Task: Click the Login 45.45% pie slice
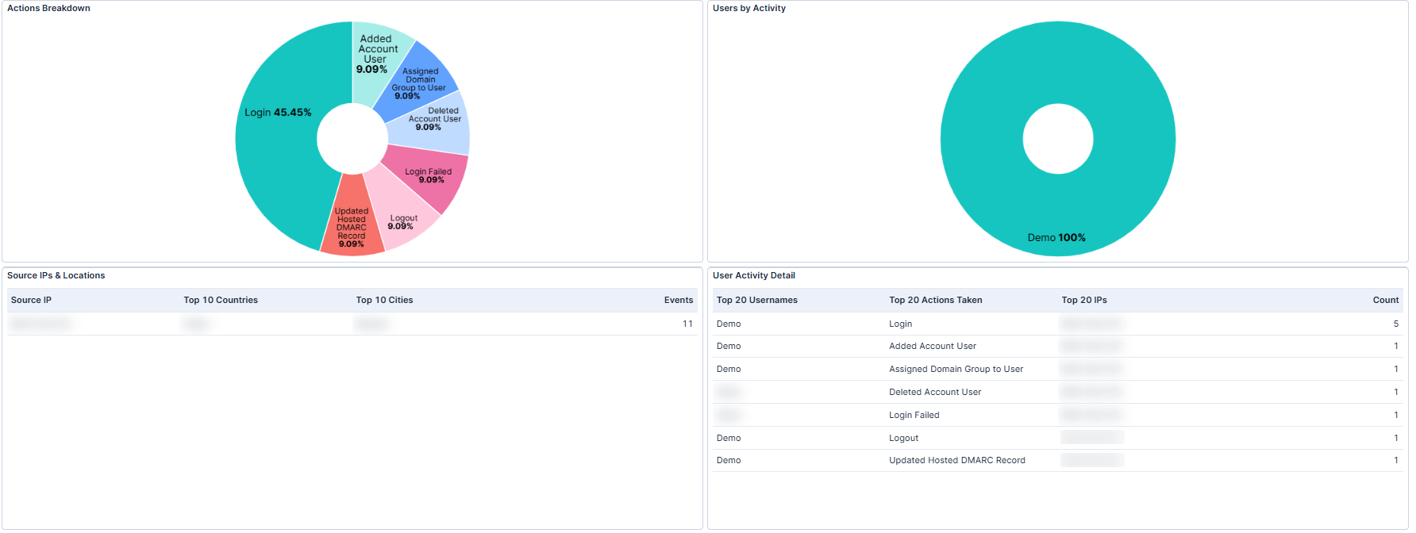[278, 143]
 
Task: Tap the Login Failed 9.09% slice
[429, 175]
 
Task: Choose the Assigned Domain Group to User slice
[419, 82]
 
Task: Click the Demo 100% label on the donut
[1056, 237]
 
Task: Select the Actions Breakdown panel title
[48, 8]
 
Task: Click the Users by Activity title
[748, 8]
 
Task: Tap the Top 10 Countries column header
[221, 300]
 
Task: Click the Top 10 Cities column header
[384, 300]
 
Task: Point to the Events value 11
[687, 324]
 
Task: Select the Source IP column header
[31, 300]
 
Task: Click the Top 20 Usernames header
[756, 300]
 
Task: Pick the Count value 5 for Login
[1395, 324]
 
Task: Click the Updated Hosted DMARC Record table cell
[956, 460]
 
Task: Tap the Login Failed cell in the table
[914, 415]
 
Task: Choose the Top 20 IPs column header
[1083, 300]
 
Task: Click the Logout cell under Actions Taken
[903, 438]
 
